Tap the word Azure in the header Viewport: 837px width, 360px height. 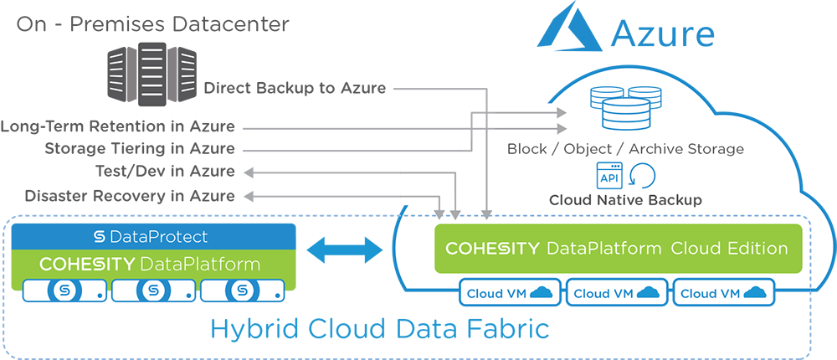[x=663, y=33]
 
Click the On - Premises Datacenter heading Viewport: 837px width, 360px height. [x=153, y=23]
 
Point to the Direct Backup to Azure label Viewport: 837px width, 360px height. [x=295, y=88]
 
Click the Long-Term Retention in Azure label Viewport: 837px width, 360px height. [x=118, y=127]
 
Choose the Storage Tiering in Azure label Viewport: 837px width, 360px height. [x=139, y=150]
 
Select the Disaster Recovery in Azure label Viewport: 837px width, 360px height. [x=130, y=196]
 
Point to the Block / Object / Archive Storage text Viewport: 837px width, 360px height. [x=625, y=149]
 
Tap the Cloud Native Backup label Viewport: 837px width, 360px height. [x=625, y=201]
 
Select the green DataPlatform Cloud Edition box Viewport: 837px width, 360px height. [x=617, y=249]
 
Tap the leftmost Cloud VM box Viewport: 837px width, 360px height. [x=508, y=293]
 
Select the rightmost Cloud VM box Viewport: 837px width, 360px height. [x=722, y=293]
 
